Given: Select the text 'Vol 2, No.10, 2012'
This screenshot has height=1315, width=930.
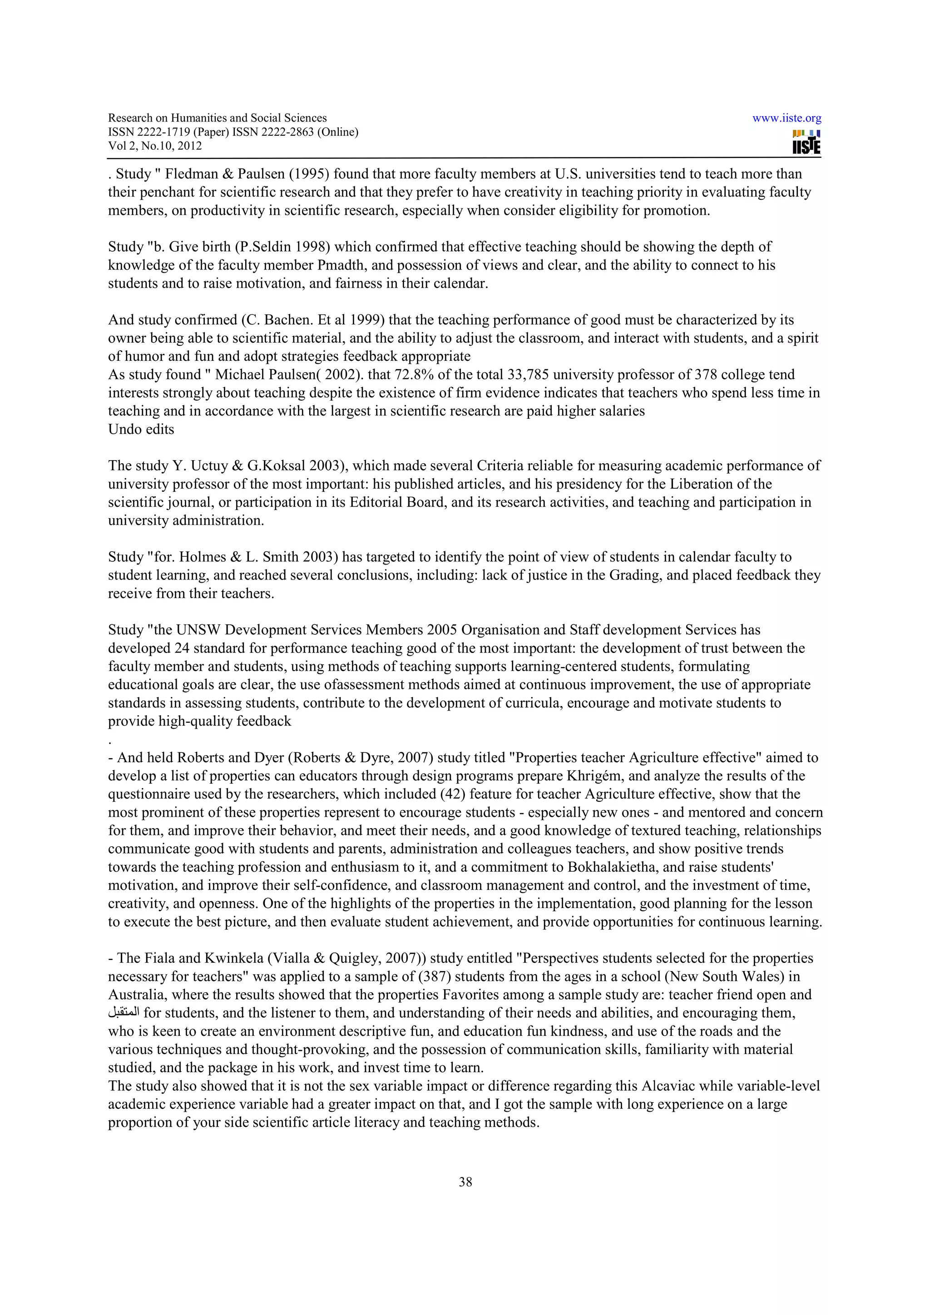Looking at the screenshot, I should (x=155, y=146).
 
